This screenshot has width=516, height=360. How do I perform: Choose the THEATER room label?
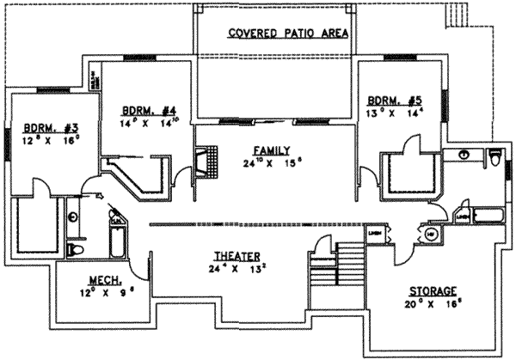point(236,255)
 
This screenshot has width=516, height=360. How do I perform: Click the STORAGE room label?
point(433,291)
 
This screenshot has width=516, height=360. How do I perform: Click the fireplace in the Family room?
point(206,161)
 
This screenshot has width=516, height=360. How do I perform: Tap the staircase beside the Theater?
point(349,258)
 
